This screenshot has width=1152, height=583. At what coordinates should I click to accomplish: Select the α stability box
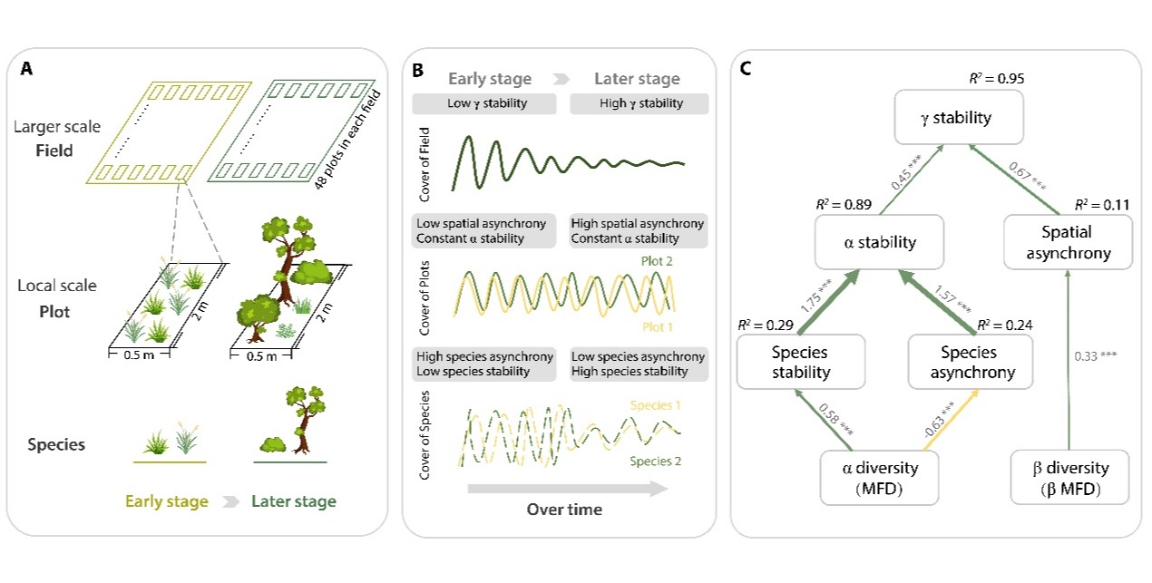click(866, 242)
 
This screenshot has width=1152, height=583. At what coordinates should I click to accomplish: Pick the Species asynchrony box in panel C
click(968, 362)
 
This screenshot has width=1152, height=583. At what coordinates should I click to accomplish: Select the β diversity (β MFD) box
click(1069, 478)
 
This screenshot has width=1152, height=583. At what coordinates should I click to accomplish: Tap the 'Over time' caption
click(564, 510)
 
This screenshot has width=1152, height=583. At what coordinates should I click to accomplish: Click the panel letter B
click(418, 69)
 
